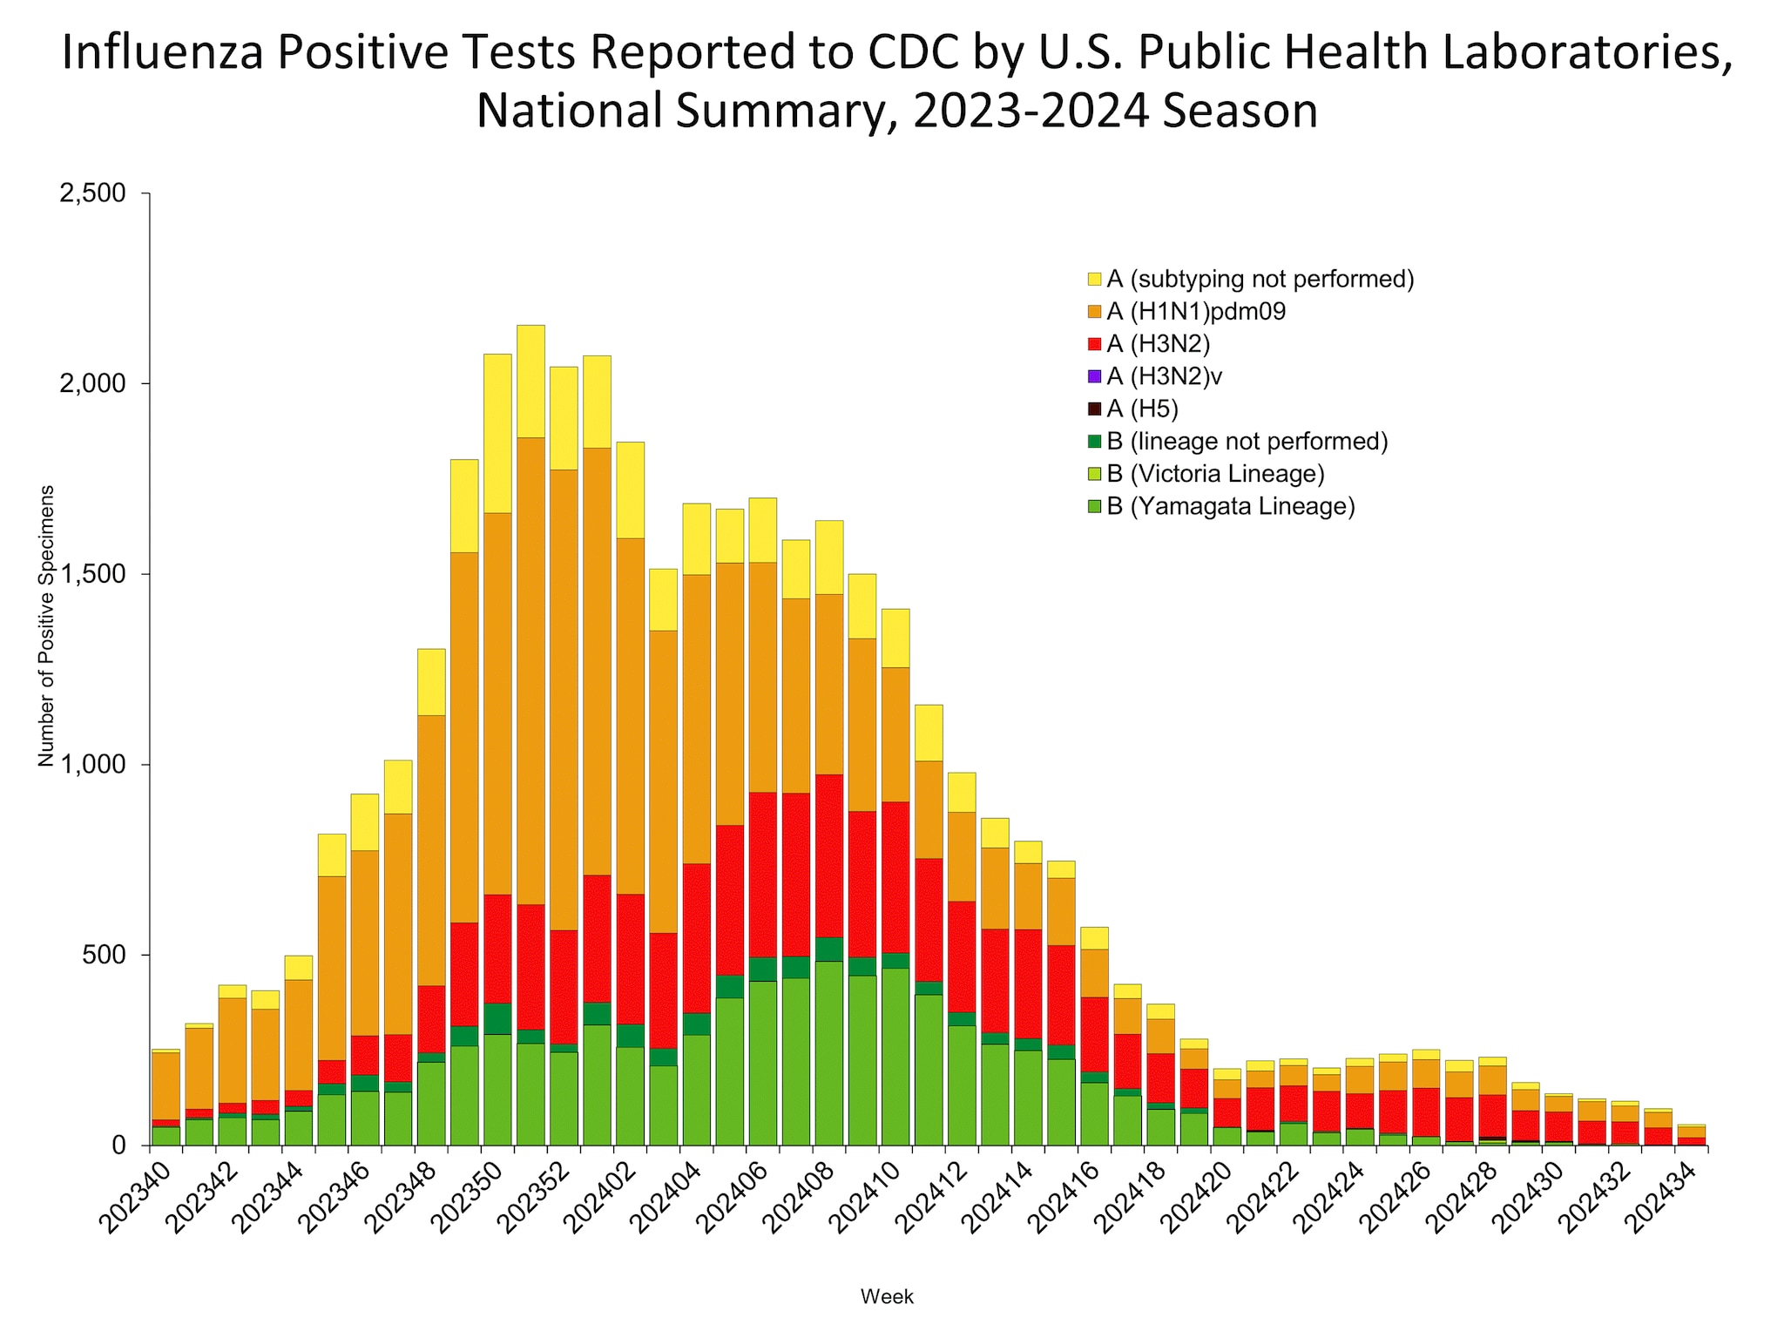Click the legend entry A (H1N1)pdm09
[x=1195, y=312]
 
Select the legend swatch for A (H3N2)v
[x=1095, y=376]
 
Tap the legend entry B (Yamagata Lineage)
[x=1230, y=506]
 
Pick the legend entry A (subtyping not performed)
[x=1260, y=279]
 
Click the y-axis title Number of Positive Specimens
[x=46, y=625]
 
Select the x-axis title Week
[x=887, y=1297]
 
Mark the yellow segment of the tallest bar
[x=530, y=381]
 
